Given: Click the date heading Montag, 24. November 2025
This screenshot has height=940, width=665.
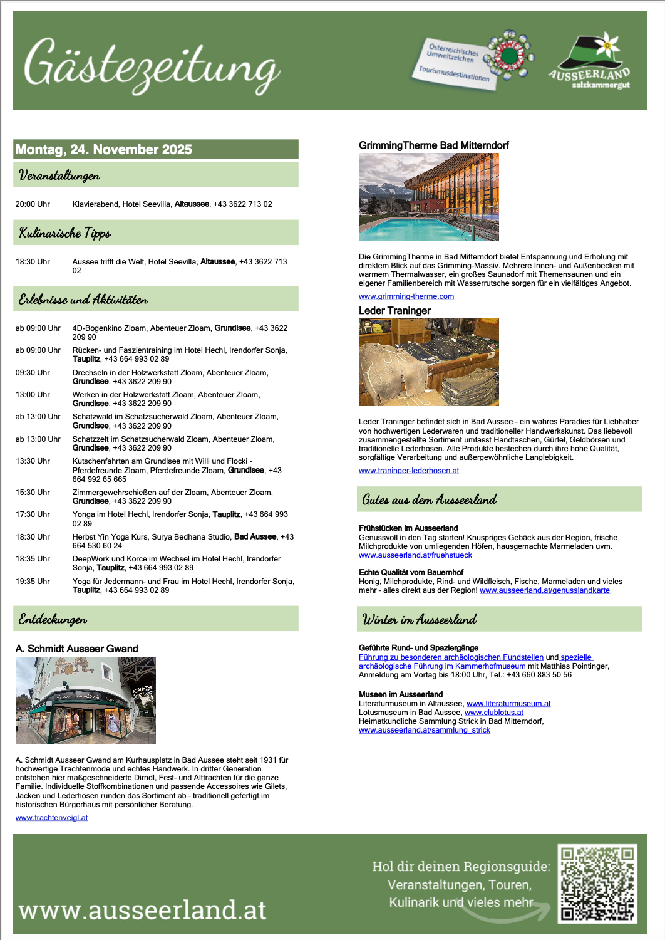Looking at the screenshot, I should click(104, 149).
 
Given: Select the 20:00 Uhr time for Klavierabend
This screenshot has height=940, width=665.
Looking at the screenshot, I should click(33, 204).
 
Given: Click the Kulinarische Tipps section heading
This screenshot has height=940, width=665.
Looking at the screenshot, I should click(64, 233).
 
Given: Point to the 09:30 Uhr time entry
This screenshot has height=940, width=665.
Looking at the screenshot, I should click(33, 373).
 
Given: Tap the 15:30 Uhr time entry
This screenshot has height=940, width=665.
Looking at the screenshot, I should click(33, 493).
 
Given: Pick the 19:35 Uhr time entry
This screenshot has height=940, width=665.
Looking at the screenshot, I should click(33, 582).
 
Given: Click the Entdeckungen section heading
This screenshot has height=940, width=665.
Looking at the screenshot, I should click(53, 619).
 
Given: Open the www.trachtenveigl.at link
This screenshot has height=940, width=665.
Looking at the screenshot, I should click(51, 818).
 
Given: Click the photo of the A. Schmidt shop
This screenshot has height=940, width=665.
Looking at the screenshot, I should click(86, 701).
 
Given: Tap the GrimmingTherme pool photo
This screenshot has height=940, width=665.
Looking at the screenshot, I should click(429, 197).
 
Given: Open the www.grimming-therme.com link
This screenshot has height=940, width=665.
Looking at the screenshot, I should click(406, 296).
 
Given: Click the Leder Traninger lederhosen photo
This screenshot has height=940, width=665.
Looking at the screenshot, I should click(429, 362).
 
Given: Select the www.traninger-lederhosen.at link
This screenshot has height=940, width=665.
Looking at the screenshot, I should click(409, 471).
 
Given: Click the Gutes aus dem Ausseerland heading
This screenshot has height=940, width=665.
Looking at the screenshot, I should click(430, 499).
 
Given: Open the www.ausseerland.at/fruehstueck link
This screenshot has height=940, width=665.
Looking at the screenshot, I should click(415, 555).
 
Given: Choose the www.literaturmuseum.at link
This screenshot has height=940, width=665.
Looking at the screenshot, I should click(508, 704).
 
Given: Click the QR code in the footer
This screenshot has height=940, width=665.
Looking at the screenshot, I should click(597, 884).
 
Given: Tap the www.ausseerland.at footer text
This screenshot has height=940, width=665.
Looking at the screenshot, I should click(143, 910).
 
